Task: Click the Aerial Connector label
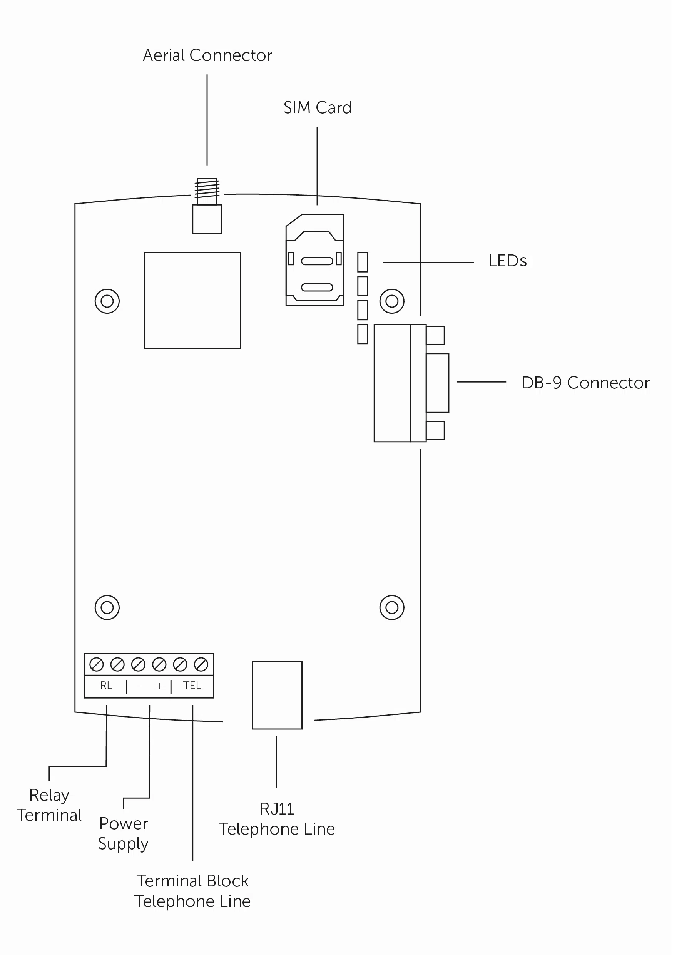[x=207, y=55]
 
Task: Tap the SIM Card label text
[x=317, y=108]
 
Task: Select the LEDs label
[x=507, y=261]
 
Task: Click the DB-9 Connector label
[x=585, y=383]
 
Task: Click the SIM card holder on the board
[x=315, y=260]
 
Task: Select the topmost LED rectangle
[x=363, y=262]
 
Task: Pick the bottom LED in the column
[x=363, y=334]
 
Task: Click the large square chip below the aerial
[x=192, y=300]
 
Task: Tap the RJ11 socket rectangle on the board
[x=277, y=695]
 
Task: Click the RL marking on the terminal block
[x=106, y=686]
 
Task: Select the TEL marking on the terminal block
[x=192, y=686]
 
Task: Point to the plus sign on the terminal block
[x=159, y=686]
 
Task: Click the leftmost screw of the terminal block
[x=97, y=665]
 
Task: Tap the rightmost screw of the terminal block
[x=201, y=665]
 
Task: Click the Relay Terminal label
[x=49, y=805]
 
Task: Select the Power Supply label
[x=123, y=834]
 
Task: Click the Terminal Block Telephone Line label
[x=192, y=891]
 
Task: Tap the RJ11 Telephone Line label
[x=277, y=819]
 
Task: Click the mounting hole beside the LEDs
[x=392, y=301]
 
